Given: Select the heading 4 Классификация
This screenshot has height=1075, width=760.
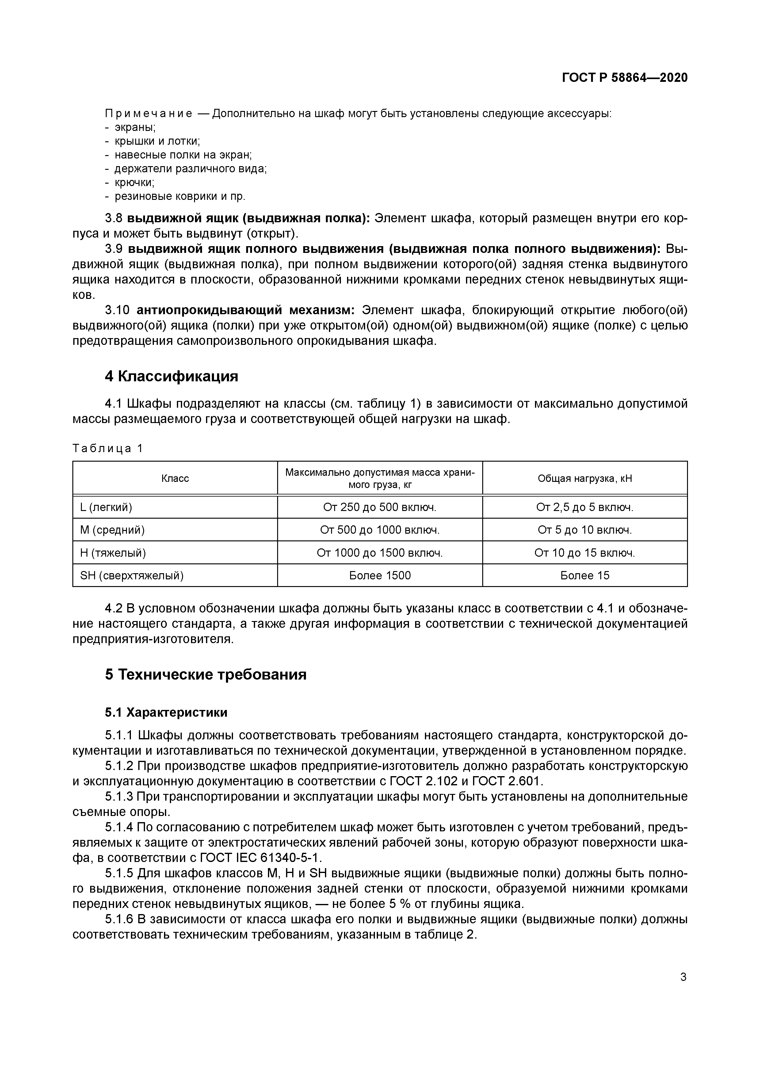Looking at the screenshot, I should click(171, 376).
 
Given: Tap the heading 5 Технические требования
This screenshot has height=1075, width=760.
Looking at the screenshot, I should click(206, 675).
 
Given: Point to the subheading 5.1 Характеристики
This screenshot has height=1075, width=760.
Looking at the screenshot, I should click(166, 713).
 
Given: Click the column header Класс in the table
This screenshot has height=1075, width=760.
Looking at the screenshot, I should click(175, 478).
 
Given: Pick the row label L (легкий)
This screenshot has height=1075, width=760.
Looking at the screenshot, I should click(106, 507).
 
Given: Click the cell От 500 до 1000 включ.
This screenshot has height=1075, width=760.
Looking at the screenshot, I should click(380, 530).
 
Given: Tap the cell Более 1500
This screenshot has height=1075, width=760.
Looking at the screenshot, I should click(380, 575).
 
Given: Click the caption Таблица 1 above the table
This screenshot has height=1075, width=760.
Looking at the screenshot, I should click(107, 448).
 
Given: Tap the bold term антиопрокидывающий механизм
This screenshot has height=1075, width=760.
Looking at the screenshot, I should click(245, 311).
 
